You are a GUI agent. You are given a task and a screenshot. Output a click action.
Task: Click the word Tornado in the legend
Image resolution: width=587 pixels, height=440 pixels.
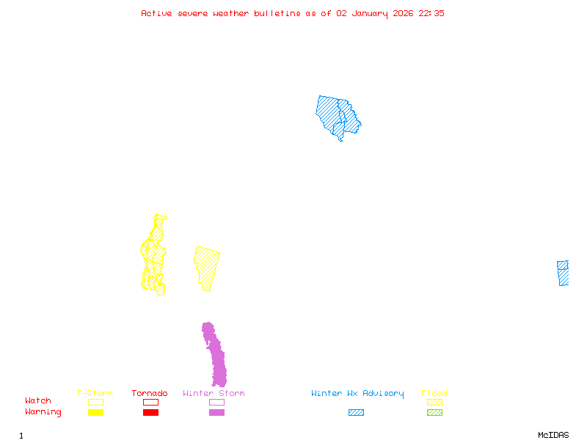point(150,394)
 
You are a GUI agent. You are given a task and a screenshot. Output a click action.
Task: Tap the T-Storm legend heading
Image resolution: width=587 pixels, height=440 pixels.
point(95,394)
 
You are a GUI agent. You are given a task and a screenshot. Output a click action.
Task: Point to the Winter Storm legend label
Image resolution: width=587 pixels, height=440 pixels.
point(214,394)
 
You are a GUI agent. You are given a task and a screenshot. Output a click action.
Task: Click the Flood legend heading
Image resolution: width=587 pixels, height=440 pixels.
point(434,394)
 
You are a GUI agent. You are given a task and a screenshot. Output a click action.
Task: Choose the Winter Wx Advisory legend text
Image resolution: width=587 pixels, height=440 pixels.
point(357,394)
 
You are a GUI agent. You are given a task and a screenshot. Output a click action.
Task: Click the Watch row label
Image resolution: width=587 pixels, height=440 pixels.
point(38,401)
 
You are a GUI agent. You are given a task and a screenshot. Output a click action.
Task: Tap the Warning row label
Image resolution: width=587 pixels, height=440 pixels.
point(43,412)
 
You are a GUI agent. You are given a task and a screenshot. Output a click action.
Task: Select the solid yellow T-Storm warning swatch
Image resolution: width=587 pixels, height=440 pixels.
point(95,413)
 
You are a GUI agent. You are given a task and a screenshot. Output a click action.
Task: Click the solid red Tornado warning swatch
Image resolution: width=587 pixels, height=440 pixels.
point(150,413)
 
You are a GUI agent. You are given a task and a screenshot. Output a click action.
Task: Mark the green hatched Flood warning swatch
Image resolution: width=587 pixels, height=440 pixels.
point(434,413)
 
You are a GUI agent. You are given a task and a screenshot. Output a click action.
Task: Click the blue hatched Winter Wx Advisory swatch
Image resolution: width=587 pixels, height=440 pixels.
point(356,413)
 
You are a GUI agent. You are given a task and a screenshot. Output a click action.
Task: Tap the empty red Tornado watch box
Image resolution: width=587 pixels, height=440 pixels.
point(150,402)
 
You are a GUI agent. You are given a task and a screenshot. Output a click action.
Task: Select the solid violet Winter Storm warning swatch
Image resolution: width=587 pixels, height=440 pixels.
point(216,413)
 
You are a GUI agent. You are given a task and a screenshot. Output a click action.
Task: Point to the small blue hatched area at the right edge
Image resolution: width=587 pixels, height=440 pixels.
point(563,273)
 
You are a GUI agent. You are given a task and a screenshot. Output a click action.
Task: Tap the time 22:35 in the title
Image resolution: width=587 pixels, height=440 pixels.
point(431,13)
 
